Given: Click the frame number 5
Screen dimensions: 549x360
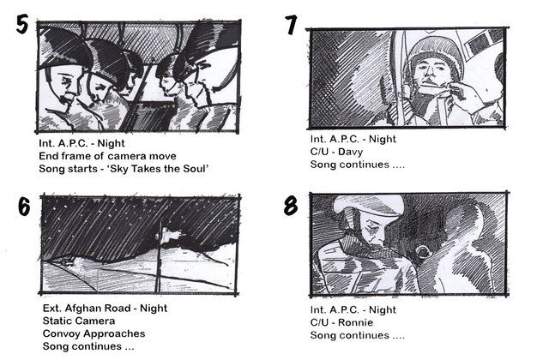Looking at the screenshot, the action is point(22,25).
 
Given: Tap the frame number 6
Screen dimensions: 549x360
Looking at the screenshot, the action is point(24,207).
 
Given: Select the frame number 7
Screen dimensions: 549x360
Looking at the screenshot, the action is point(291,25).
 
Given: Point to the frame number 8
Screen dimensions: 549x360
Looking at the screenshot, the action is point(291,206).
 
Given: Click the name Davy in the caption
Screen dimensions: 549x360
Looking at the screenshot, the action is point(351,152).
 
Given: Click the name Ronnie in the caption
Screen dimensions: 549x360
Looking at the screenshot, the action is point(355,322).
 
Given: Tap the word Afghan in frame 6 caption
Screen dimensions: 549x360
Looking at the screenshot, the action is point(82,309).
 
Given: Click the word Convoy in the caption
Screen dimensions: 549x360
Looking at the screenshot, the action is point(61,333).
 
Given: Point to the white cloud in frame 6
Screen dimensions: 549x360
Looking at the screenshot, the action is point(173,236).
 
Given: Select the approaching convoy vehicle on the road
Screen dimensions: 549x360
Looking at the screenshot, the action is point(67,261).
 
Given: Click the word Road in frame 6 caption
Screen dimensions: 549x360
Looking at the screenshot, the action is point(119,309).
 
